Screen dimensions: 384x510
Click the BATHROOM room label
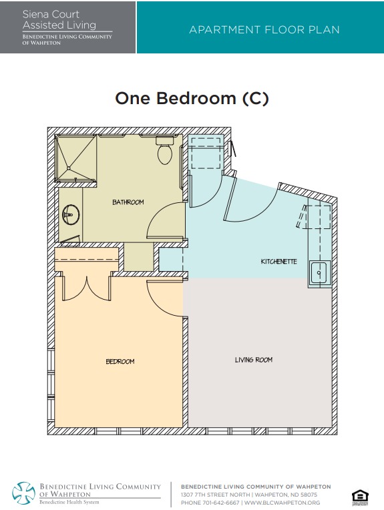[x=128, y=202]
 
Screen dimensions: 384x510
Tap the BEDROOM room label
[x=120, y=361]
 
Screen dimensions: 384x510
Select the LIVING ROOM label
[x=254, y=360]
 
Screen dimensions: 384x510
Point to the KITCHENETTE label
[x=279, y=262]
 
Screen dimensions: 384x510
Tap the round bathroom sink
[x=71, y=215]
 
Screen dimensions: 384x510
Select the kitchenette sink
[x=320, y=273]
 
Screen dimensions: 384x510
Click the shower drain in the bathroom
[x=69, y=168]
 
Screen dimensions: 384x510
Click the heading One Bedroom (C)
[x=192, y=98]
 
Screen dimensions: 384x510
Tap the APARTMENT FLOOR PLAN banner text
[x=264, y=30]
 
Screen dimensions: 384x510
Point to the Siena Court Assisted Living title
[x=59, y=19]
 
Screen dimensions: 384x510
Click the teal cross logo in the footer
[x=24, y=493]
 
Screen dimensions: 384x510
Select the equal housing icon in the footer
[x=360, y=498]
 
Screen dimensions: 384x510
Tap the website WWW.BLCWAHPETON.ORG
[x=282, y=503]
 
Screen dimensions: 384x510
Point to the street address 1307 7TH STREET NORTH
[x=216, y=495]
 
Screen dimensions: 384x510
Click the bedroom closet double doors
[x=87, y=289]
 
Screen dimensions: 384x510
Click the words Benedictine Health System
[x=69, y=502]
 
